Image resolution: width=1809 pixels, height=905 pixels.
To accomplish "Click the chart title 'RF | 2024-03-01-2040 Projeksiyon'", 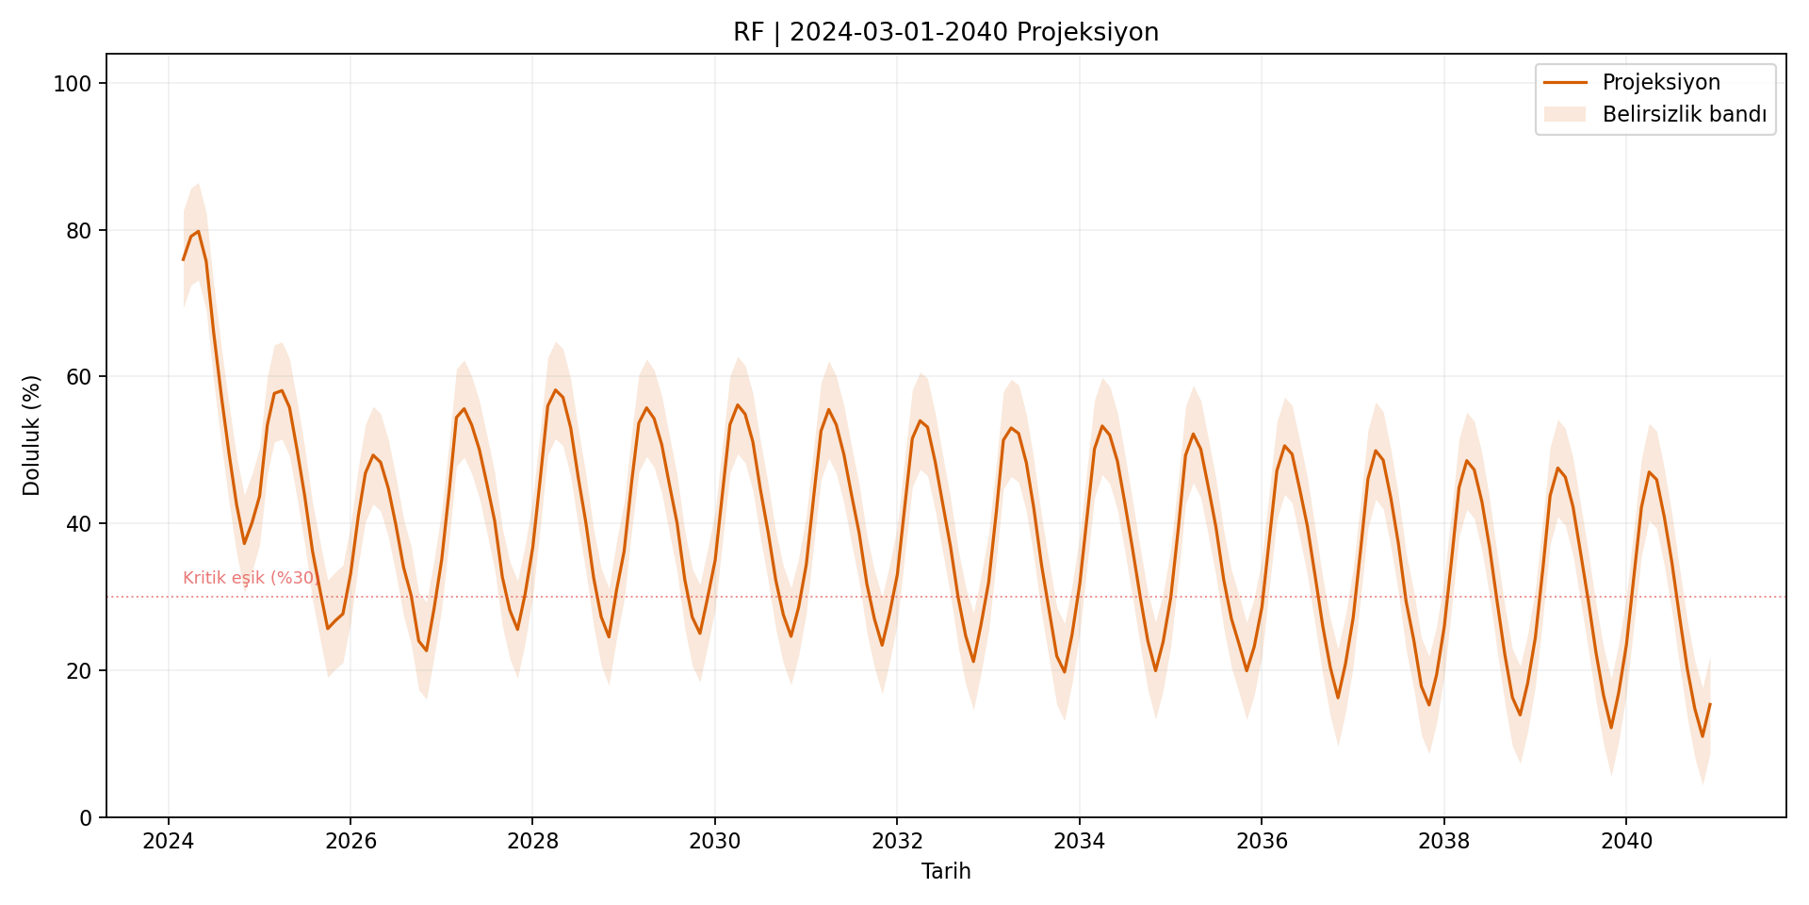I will (946, 32).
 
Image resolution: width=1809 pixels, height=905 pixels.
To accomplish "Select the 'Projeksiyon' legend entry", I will (1661, 82).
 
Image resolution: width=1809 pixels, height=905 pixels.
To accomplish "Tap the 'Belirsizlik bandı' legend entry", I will (1684, 115).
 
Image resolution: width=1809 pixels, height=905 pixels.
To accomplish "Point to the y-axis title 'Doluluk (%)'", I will (32, 436).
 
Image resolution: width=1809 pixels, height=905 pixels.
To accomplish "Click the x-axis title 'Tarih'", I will (946, 871).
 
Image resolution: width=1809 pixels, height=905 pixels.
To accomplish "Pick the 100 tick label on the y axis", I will (73, 84).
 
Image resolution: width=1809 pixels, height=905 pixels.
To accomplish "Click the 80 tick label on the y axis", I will (78, 231).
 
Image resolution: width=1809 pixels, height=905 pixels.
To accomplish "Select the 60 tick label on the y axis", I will (78, 377).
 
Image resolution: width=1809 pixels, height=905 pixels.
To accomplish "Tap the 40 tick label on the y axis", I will (78, 524).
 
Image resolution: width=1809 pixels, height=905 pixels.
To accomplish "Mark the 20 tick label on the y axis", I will (78, 670).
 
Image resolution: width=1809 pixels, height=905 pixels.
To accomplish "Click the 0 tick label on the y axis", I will (86, 817).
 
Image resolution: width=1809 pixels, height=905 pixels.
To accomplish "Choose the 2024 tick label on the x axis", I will (168, 841).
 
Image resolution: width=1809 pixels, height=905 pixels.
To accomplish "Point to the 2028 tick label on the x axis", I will (532, 841).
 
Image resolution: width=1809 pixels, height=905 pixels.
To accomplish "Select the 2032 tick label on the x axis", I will (897, 841).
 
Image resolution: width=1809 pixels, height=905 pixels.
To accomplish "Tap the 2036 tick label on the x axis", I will (1262, 841).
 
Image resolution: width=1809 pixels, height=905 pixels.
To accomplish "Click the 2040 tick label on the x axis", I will (1626, 841).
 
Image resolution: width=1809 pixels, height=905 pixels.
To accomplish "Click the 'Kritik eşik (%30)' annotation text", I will (250, 578).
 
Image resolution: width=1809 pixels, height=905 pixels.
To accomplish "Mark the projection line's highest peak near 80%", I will (198, 231).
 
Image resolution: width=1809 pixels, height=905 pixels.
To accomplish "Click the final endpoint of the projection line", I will (1710, 704).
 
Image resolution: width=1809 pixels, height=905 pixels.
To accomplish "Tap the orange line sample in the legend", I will (1564, 82).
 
